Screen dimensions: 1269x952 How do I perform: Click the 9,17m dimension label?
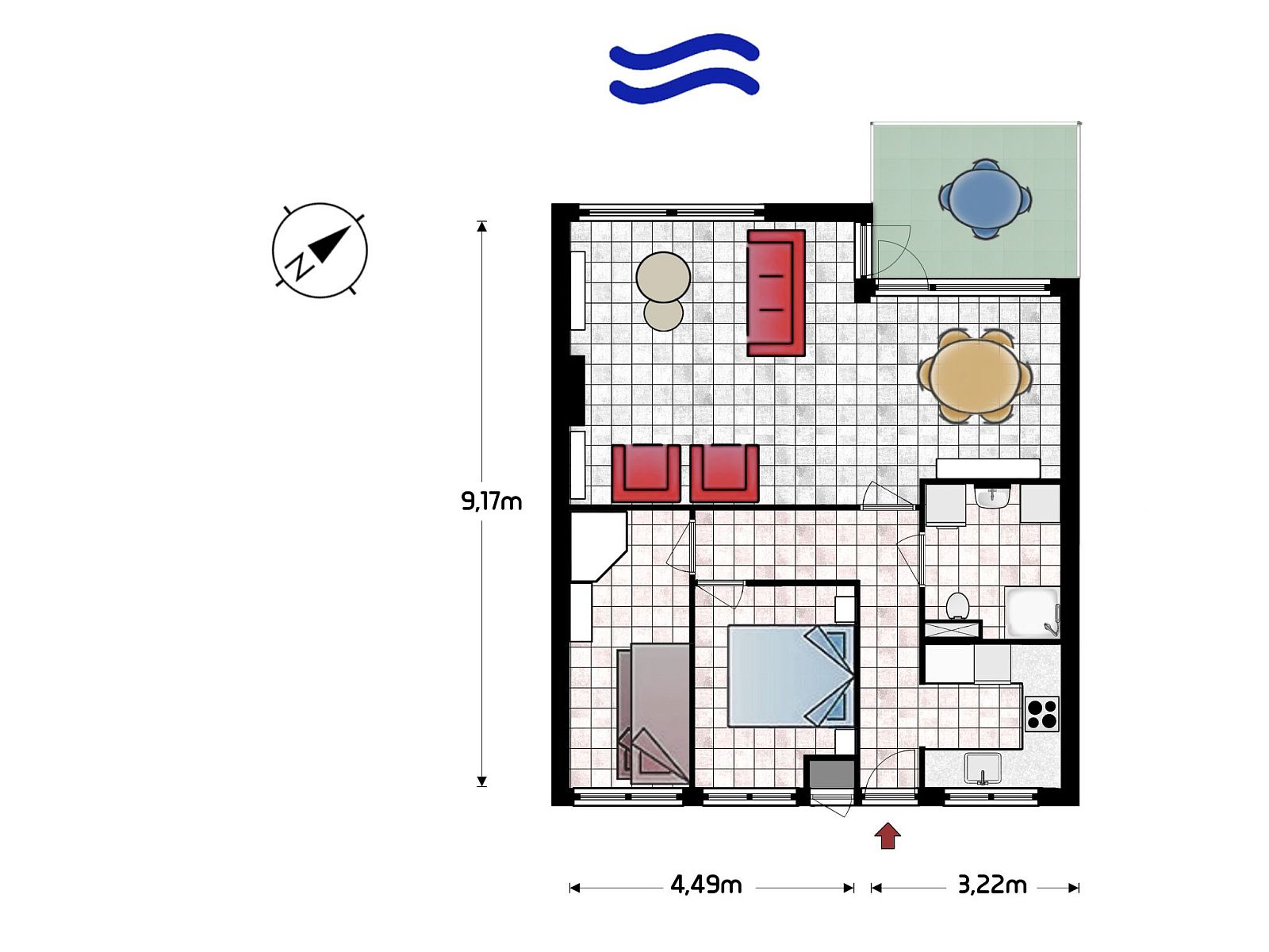[x=492, y=501]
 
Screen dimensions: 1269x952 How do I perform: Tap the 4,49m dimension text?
[x=706, y=885]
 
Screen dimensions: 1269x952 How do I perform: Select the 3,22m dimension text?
[x=992, y=885]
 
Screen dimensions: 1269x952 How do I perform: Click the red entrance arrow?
[x=888, y=836]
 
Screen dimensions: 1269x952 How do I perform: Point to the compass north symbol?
[x=320, y=250]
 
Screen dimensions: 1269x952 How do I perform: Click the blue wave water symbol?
[x=684, y=69]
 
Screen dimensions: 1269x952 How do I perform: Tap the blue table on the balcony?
[x=984, y=198]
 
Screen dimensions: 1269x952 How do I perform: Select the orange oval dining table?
[x=976, y=376]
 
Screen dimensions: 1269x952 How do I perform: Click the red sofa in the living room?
[x=776, y=293]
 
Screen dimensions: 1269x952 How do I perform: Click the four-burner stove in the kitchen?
[x=1042, y=714]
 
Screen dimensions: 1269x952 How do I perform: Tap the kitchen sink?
[x=983, y=768]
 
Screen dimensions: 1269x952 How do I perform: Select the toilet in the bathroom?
[x=957, y=606]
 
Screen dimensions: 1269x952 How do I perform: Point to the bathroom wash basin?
[x=992, y=497]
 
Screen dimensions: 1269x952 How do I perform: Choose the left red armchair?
[x=646, y=473]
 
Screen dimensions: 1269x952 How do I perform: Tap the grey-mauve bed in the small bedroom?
[x=654, y=714]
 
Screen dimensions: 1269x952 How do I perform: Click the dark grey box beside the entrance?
[x=832, y=774]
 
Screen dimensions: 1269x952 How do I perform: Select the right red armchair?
[x=724, y=473]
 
